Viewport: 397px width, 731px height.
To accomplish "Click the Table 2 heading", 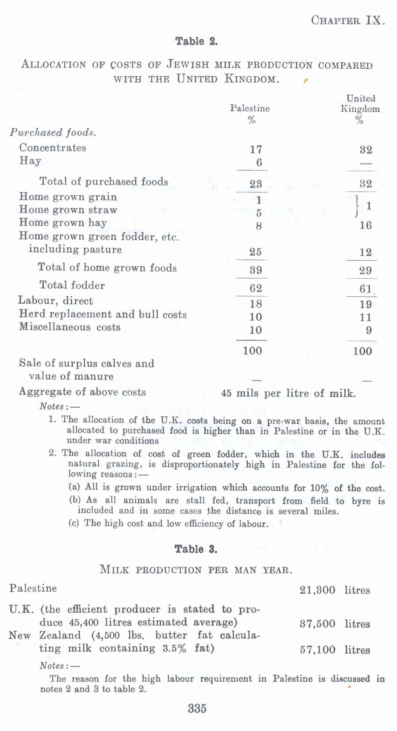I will pos(197,41).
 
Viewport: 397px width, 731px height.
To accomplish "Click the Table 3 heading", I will pos(196,549).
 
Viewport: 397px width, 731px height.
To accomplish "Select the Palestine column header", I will pos(250,108).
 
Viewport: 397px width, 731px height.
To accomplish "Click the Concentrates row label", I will pos(52,148).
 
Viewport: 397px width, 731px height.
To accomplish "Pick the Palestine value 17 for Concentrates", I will pos(256,149).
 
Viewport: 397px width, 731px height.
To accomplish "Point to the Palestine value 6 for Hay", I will pos(259,162).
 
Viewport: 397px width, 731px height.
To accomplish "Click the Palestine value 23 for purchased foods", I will pos(256,183).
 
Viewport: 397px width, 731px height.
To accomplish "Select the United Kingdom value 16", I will pos(366,225).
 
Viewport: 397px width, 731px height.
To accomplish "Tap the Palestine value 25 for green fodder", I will pos(256,252).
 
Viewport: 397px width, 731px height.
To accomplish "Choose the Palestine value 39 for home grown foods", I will pos(256,270).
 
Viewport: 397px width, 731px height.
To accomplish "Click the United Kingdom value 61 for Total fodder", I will pos(366,289).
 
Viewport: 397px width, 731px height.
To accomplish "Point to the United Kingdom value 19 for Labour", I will pos(366,304).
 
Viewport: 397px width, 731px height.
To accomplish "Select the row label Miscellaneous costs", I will pos(70,327).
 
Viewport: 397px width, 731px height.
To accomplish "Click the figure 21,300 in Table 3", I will pos(317,590).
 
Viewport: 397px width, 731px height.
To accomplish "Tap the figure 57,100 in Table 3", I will pos(317,649).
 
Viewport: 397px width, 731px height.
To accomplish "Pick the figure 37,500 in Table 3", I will pos(317,624).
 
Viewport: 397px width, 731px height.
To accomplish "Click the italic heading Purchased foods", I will pos(53,132).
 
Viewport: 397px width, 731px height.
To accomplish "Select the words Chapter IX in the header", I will pos(348,20).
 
